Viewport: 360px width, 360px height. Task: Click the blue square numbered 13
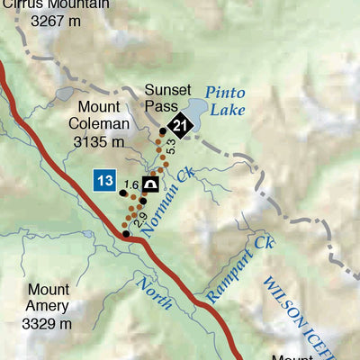[x=103, y=181]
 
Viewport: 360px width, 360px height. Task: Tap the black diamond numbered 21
[x=182, y=126]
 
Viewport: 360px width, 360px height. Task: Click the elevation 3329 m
[x=47, y=322]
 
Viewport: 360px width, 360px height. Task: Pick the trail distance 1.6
[x=133, y=184]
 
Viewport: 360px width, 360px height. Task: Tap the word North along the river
[x=154, y=293]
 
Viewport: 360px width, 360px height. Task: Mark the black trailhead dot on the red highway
[x=126, y=234]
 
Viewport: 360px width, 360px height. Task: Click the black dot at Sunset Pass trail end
[x=163, y=131]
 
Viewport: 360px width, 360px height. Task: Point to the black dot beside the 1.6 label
[x=121, y=191]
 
